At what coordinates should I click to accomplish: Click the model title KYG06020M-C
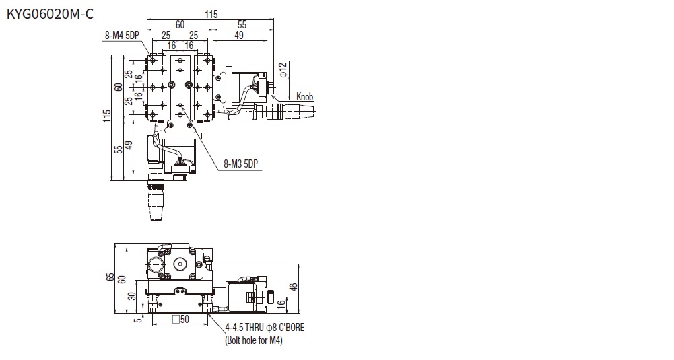click(50, 14)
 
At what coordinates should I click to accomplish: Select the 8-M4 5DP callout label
click(122, 35)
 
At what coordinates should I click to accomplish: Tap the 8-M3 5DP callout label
click(241, 164)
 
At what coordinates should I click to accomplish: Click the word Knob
click(305, 97)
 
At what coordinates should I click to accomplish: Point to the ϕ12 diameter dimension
click(282, 69)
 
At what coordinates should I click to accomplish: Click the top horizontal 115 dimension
click(211, 15)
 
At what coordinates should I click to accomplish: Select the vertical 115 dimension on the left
click(107, 116)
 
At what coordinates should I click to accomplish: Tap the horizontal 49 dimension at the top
click(239, 35)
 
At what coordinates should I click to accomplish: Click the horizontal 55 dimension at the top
click(242, 25)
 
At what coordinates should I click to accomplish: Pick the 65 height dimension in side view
click(110, 278)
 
